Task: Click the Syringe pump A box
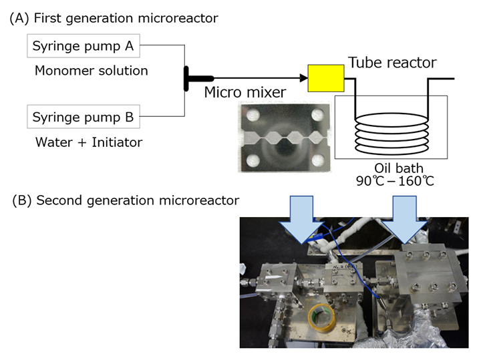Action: click(x=84, y=46)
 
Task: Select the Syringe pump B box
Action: click(x=84, y=118)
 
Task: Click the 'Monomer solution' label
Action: click(x=92, y=70)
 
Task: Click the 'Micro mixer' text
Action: click(x=245, y=91)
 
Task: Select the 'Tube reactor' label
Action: click(x=392, y=63)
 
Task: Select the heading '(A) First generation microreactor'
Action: click(x=114, y=19)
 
